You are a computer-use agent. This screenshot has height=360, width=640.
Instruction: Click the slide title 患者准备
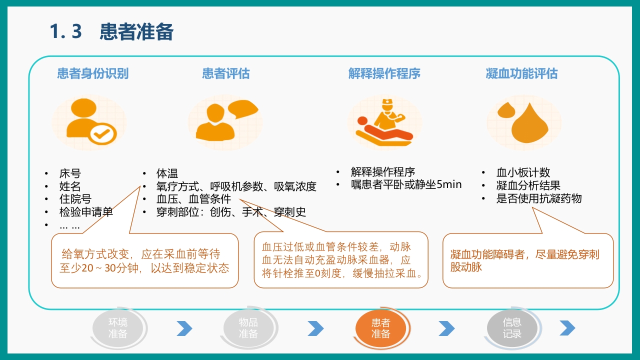[136, 32]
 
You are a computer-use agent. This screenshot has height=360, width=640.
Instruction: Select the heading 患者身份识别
[92, 73]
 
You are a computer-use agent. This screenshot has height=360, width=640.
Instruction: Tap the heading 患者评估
[225, 73]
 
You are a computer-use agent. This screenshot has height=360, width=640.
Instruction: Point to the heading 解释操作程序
[384, 73]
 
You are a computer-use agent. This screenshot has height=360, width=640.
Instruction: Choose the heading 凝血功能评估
[521, 73]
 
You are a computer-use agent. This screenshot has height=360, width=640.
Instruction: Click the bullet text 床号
[69, 174]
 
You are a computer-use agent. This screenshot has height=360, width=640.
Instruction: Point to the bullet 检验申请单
[86, 212]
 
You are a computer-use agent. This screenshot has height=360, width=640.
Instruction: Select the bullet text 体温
[167, 174]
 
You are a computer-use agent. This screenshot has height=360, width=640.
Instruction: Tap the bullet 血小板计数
[523, 172]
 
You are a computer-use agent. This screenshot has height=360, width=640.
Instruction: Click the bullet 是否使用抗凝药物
[539, 198]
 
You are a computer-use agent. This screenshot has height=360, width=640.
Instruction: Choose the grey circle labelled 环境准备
[118, 328]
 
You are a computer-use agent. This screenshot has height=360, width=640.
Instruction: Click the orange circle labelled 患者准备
[380, 328]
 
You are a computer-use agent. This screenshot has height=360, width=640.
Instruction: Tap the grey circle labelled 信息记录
[512, 328]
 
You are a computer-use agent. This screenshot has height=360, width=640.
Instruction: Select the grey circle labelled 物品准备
[248, 328]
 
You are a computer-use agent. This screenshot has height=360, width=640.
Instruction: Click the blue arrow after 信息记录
[567, 328]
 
